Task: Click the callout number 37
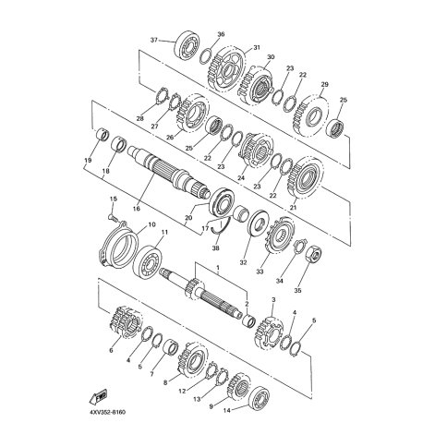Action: pyautogui.click(x=154, y=40)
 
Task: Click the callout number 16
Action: pyautogui.click(x=137, y=209)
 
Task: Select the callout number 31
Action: pyautogui.click(x=257, y=48)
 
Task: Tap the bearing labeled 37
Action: pyautogui.click(x=187, y=44)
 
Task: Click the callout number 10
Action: pyautogui.click(x=152, y=224)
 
